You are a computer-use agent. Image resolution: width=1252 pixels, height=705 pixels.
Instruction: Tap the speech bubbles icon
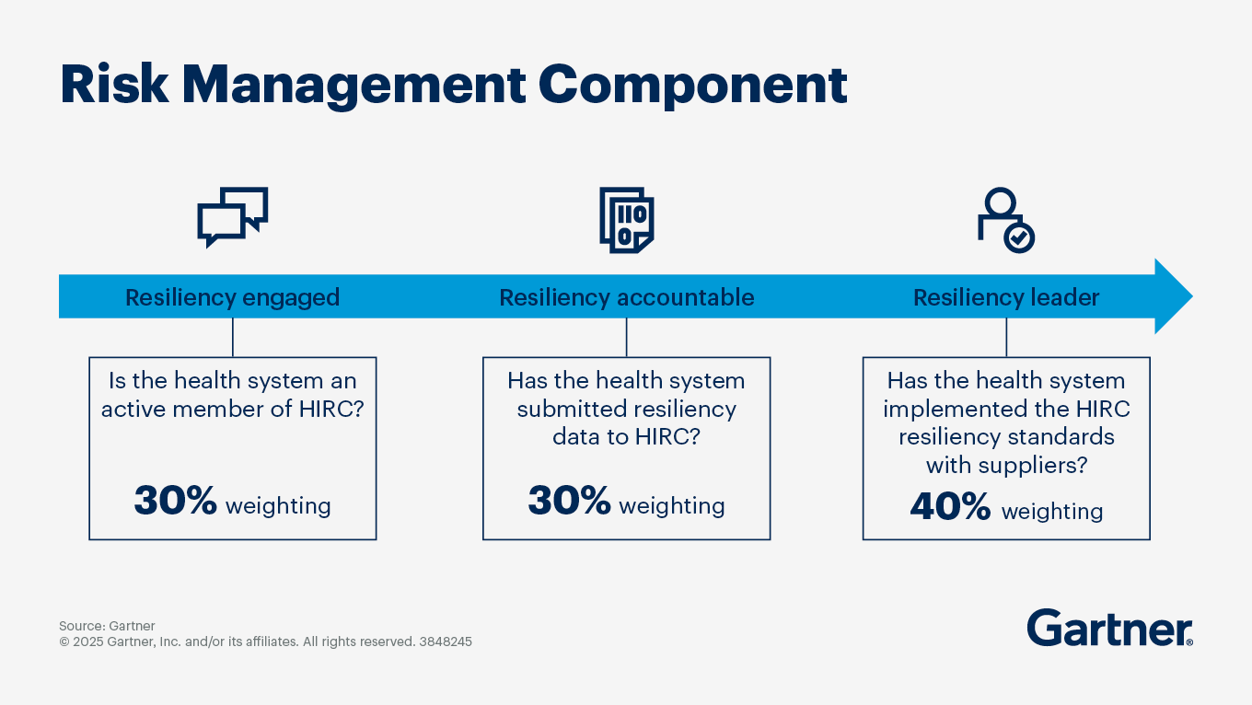[233, 217]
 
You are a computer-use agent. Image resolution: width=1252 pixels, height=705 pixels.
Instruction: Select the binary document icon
[626, 219]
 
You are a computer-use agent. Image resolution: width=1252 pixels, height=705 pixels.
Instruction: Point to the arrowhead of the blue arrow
[1174, 296]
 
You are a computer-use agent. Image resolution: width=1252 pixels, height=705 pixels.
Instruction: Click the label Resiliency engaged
[232, 297]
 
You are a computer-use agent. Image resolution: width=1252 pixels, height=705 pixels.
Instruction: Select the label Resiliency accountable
[626, 297]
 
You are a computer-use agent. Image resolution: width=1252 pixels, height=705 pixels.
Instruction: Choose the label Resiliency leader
[1005, 297]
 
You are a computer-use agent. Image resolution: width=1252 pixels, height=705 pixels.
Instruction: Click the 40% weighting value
[950, 507]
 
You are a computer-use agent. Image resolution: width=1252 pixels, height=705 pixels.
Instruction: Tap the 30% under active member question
[175, 502]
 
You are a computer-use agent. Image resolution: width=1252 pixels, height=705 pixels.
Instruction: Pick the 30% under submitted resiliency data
[569, 502]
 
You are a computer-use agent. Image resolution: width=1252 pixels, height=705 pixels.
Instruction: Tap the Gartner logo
[1109, 628]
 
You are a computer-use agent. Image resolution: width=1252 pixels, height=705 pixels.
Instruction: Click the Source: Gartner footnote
[107, 626]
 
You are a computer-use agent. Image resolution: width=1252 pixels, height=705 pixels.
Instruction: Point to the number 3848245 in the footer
[446, 641]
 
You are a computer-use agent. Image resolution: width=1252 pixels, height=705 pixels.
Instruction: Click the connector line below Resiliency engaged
[233, 338]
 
